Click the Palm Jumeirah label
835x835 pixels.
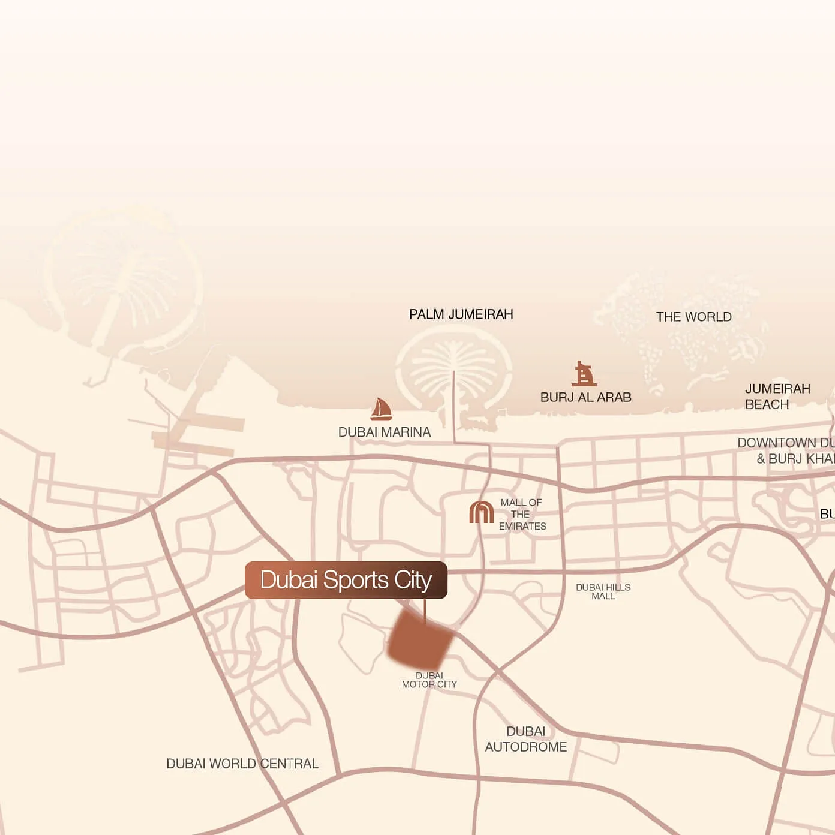461,314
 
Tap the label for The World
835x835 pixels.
693,317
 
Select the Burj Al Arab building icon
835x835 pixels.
584,374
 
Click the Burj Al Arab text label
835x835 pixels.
585,397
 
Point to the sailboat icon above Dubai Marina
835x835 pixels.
381,409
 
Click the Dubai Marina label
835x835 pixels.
384,432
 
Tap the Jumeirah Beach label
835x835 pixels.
777,397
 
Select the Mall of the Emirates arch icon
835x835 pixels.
481,513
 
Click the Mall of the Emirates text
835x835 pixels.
522,514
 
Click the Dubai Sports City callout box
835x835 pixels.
346,580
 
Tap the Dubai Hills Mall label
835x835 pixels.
603,591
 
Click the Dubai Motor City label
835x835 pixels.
429,680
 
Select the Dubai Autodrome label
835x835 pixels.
525,739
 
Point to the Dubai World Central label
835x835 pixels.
242,764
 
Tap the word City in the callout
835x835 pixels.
413,580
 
